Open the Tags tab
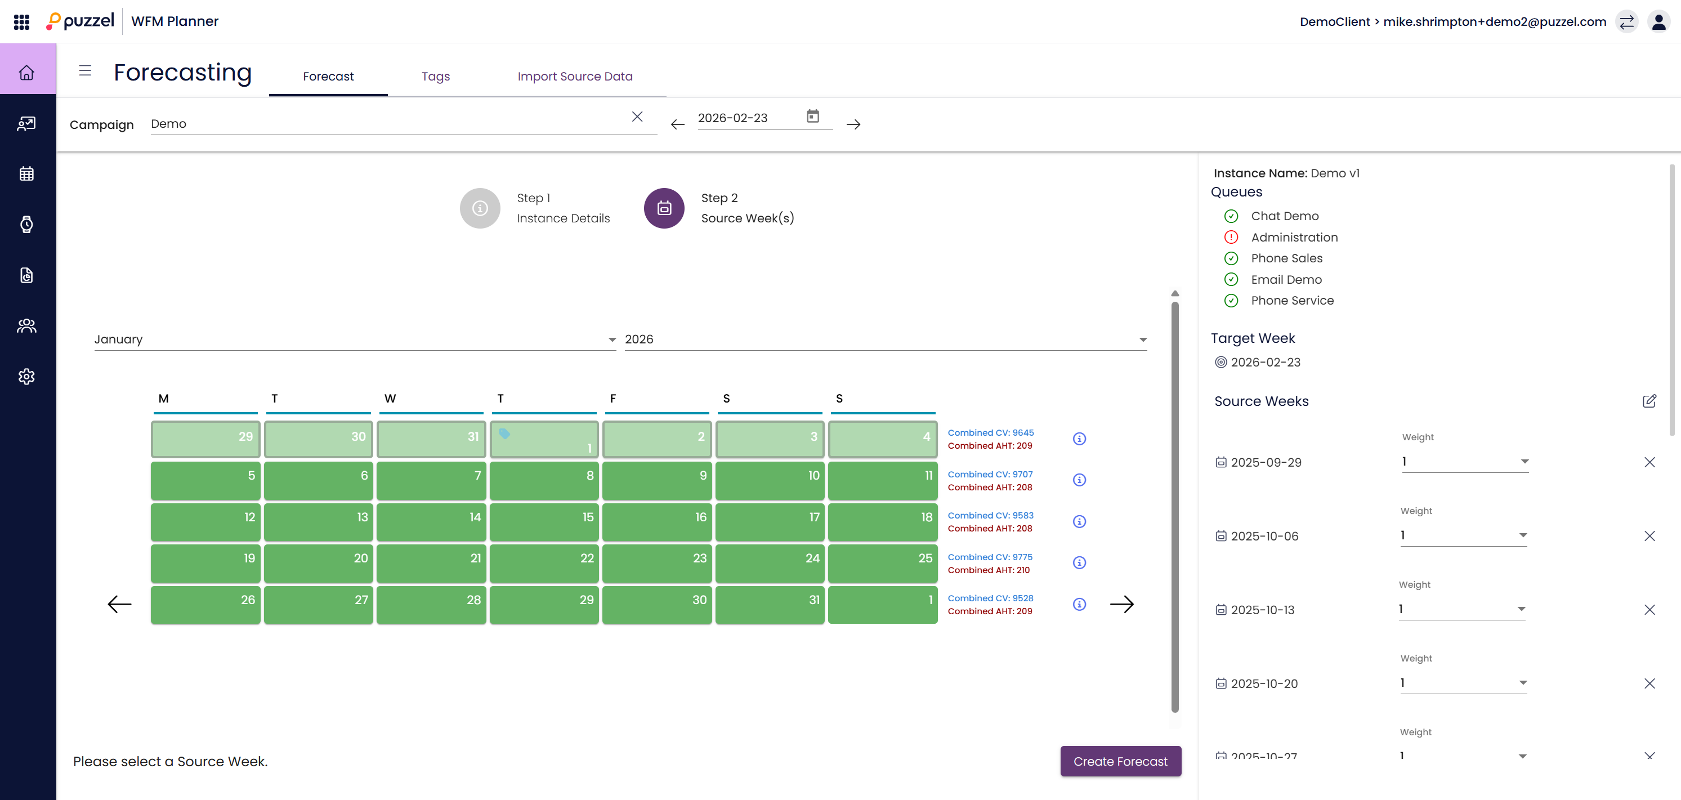[435, 77]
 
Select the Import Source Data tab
[574, 77]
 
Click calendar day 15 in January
[544, 521]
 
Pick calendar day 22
[544, 562]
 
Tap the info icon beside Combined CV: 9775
[1079, 562]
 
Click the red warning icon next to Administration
[1231, 237]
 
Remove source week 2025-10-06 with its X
[1649, 536]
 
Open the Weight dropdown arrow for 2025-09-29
[1524, 461]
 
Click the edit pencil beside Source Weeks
[1649, 401]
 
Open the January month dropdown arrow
[611, 339]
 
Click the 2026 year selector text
[639, 339]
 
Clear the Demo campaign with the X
[637, 117]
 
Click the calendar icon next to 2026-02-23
[812, 116]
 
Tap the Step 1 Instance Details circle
[480, 208]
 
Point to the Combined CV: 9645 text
[990, 432]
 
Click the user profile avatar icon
[1658, 21]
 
